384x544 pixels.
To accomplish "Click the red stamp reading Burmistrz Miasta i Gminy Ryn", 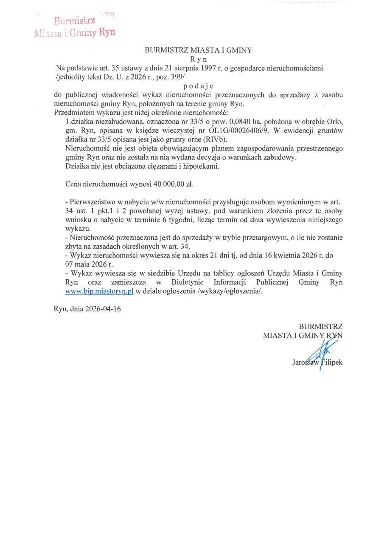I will click(75, 26).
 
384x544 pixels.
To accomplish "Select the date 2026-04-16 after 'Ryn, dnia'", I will click(104, 309).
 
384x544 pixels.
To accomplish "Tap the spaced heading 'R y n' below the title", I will click(198, 59).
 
